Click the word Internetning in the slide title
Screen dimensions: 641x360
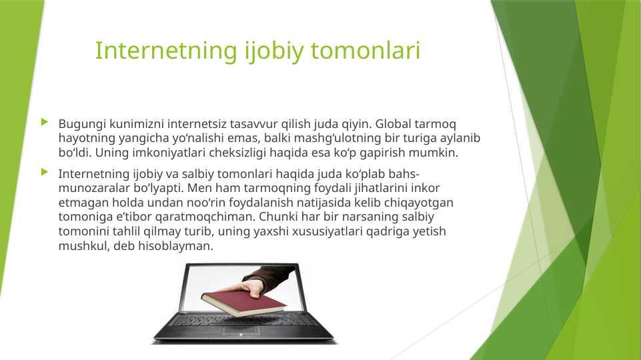(x=166, y=51)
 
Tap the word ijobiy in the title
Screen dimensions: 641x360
(x=274, y=51)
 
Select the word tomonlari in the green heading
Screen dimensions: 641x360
(x=366, y=51)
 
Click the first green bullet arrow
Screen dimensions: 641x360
(x=45, y=122)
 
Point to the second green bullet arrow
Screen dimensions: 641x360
(x=45, y=172)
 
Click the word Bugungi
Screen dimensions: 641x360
(x=82, y=124)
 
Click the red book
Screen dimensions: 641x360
(x=244, y=303)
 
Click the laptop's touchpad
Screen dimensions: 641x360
(x=241, y=330)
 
